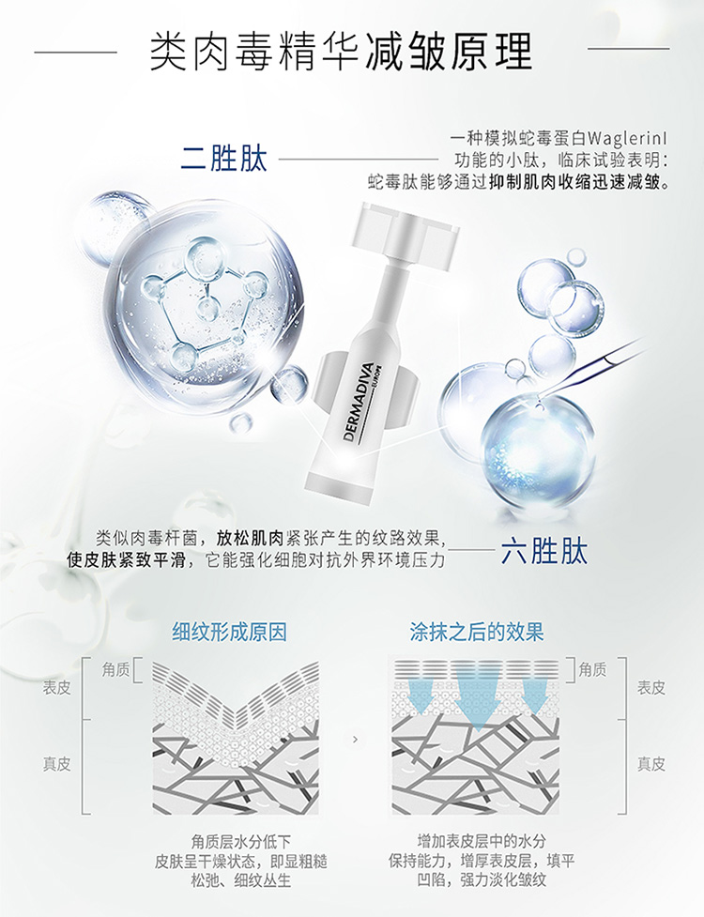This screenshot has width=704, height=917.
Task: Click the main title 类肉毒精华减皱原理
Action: tap(341, 52)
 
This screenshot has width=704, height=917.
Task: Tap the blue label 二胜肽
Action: tap(224, 159)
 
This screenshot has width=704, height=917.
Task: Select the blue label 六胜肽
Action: tap(543, 552)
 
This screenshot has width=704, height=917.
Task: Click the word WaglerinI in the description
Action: tap(627, 139)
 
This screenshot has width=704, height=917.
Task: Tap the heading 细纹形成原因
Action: tap(230, 633)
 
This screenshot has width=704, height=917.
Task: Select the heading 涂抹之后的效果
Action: tap(477, 633)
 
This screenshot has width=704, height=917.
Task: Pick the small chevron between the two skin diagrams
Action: tap(355, 740)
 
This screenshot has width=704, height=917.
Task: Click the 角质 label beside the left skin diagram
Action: tap(115, 669)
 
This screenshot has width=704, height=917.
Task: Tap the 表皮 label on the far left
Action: tap(56, 688)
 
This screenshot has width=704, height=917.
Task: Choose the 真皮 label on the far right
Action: tap(651, 764)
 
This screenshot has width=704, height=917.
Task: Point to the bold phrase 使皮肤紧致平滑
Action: tap(127, 559)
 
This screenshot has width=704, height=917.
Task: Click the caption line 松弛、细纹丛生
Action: tap(241, 880)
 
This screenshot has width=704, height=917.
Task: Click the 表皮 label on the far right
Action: tap(651, 688)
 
